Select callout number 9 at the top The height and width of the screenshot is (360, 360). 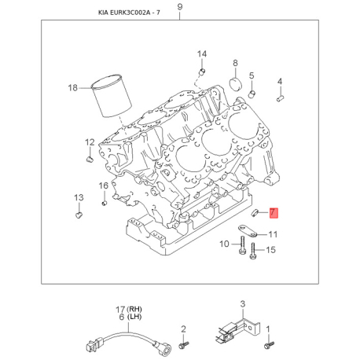[179, 8]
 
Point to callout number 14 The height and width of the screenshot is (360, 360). [201, 54]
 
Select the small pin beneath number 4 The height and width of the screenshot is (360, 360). [281, 99]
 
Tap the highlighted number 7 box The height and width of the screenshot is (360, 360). [273, 212]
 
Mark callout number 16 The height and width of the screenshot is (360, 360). [103, 186]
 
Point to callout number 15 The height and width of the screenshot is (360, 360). [271, 250]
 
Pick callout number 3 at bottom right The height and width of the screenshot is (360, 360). [243, 303]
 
